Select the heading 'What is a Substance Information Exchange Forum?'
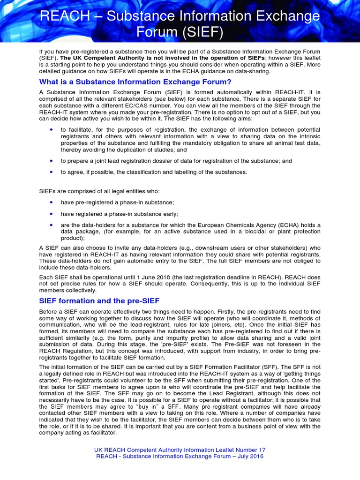(x=135, y=82)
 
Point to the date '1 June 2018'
(x=145, y=277)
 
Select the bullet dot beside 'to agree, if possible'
(x=51, y=172)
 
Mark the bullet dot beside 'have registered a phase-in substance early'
(x=51, y=214)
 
